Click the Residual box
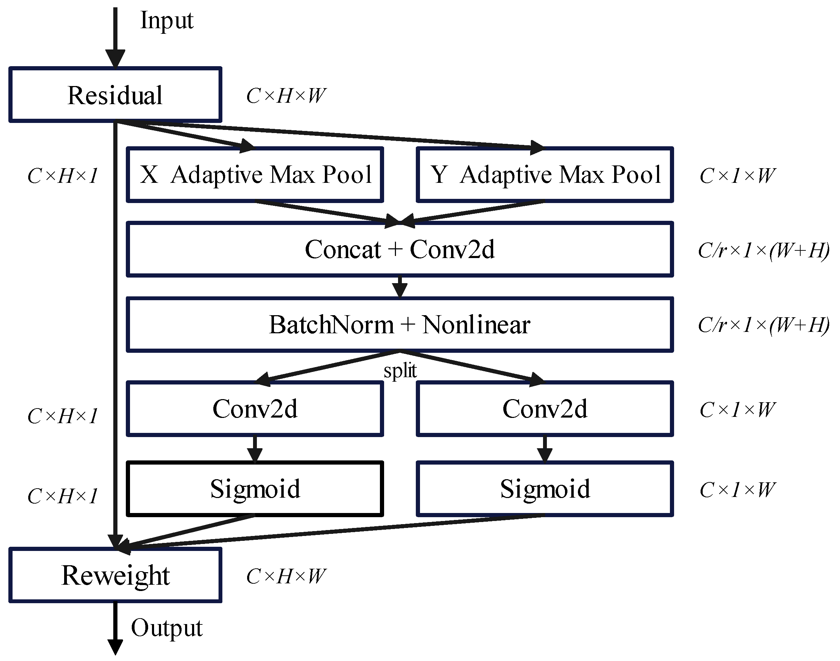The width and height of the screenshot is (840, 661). pos(115,95)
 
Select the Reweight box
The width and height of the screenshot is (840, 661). pos(115,575)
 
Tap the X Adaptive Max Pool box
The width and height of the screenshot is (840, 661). pos(255,174)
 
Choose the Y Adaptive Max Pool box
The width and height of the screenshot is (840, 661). pos(544,174)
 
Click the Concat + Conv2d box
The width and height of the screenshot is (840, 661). pos(400,249)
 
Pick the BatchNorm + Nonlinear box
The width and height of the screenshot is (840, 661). pos(400,324)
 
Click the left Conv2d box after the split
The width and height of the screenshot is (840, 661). pos(255,409)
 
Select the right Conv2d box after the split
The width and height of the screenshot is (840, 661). pos(544,409)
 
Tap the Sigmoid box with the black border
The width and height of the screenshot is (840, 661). pos(255,489)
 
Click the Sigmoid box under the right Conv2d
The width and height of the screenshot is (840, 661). pos(544,489)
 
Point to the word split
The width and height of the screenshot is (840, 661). pos(400,371)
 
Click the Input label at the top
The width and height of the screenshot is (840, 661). pos(167,20)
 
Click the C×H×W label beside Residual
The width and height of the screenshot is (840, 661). pos(286,95)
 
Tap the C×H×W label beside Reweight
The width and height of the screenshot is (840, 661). pos(286,576)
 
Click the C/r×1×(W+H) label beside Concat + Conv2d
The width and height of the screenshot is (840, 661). pos(763,250)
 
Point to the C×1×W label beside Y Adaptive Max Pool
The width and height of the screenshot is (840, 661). pos(737,176)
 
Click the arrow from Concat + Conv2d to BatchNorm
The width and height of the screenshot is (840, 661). pos(400,287)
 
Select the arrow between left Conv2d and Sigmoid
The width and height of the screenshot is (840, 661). pos(255,449)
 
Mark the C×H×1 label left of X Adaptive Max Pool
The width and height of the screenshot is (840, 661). pos(62,176)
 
